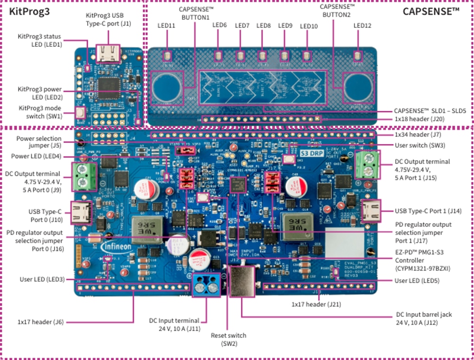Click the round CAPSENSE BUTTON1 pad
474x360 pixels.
pos(166,88)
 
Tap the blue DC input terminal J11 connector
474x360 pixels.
pos(207,285)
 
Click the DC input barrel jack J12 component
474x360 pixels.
pos(242,282)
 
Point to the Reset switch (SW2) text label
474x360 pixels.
pos(228,339)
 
